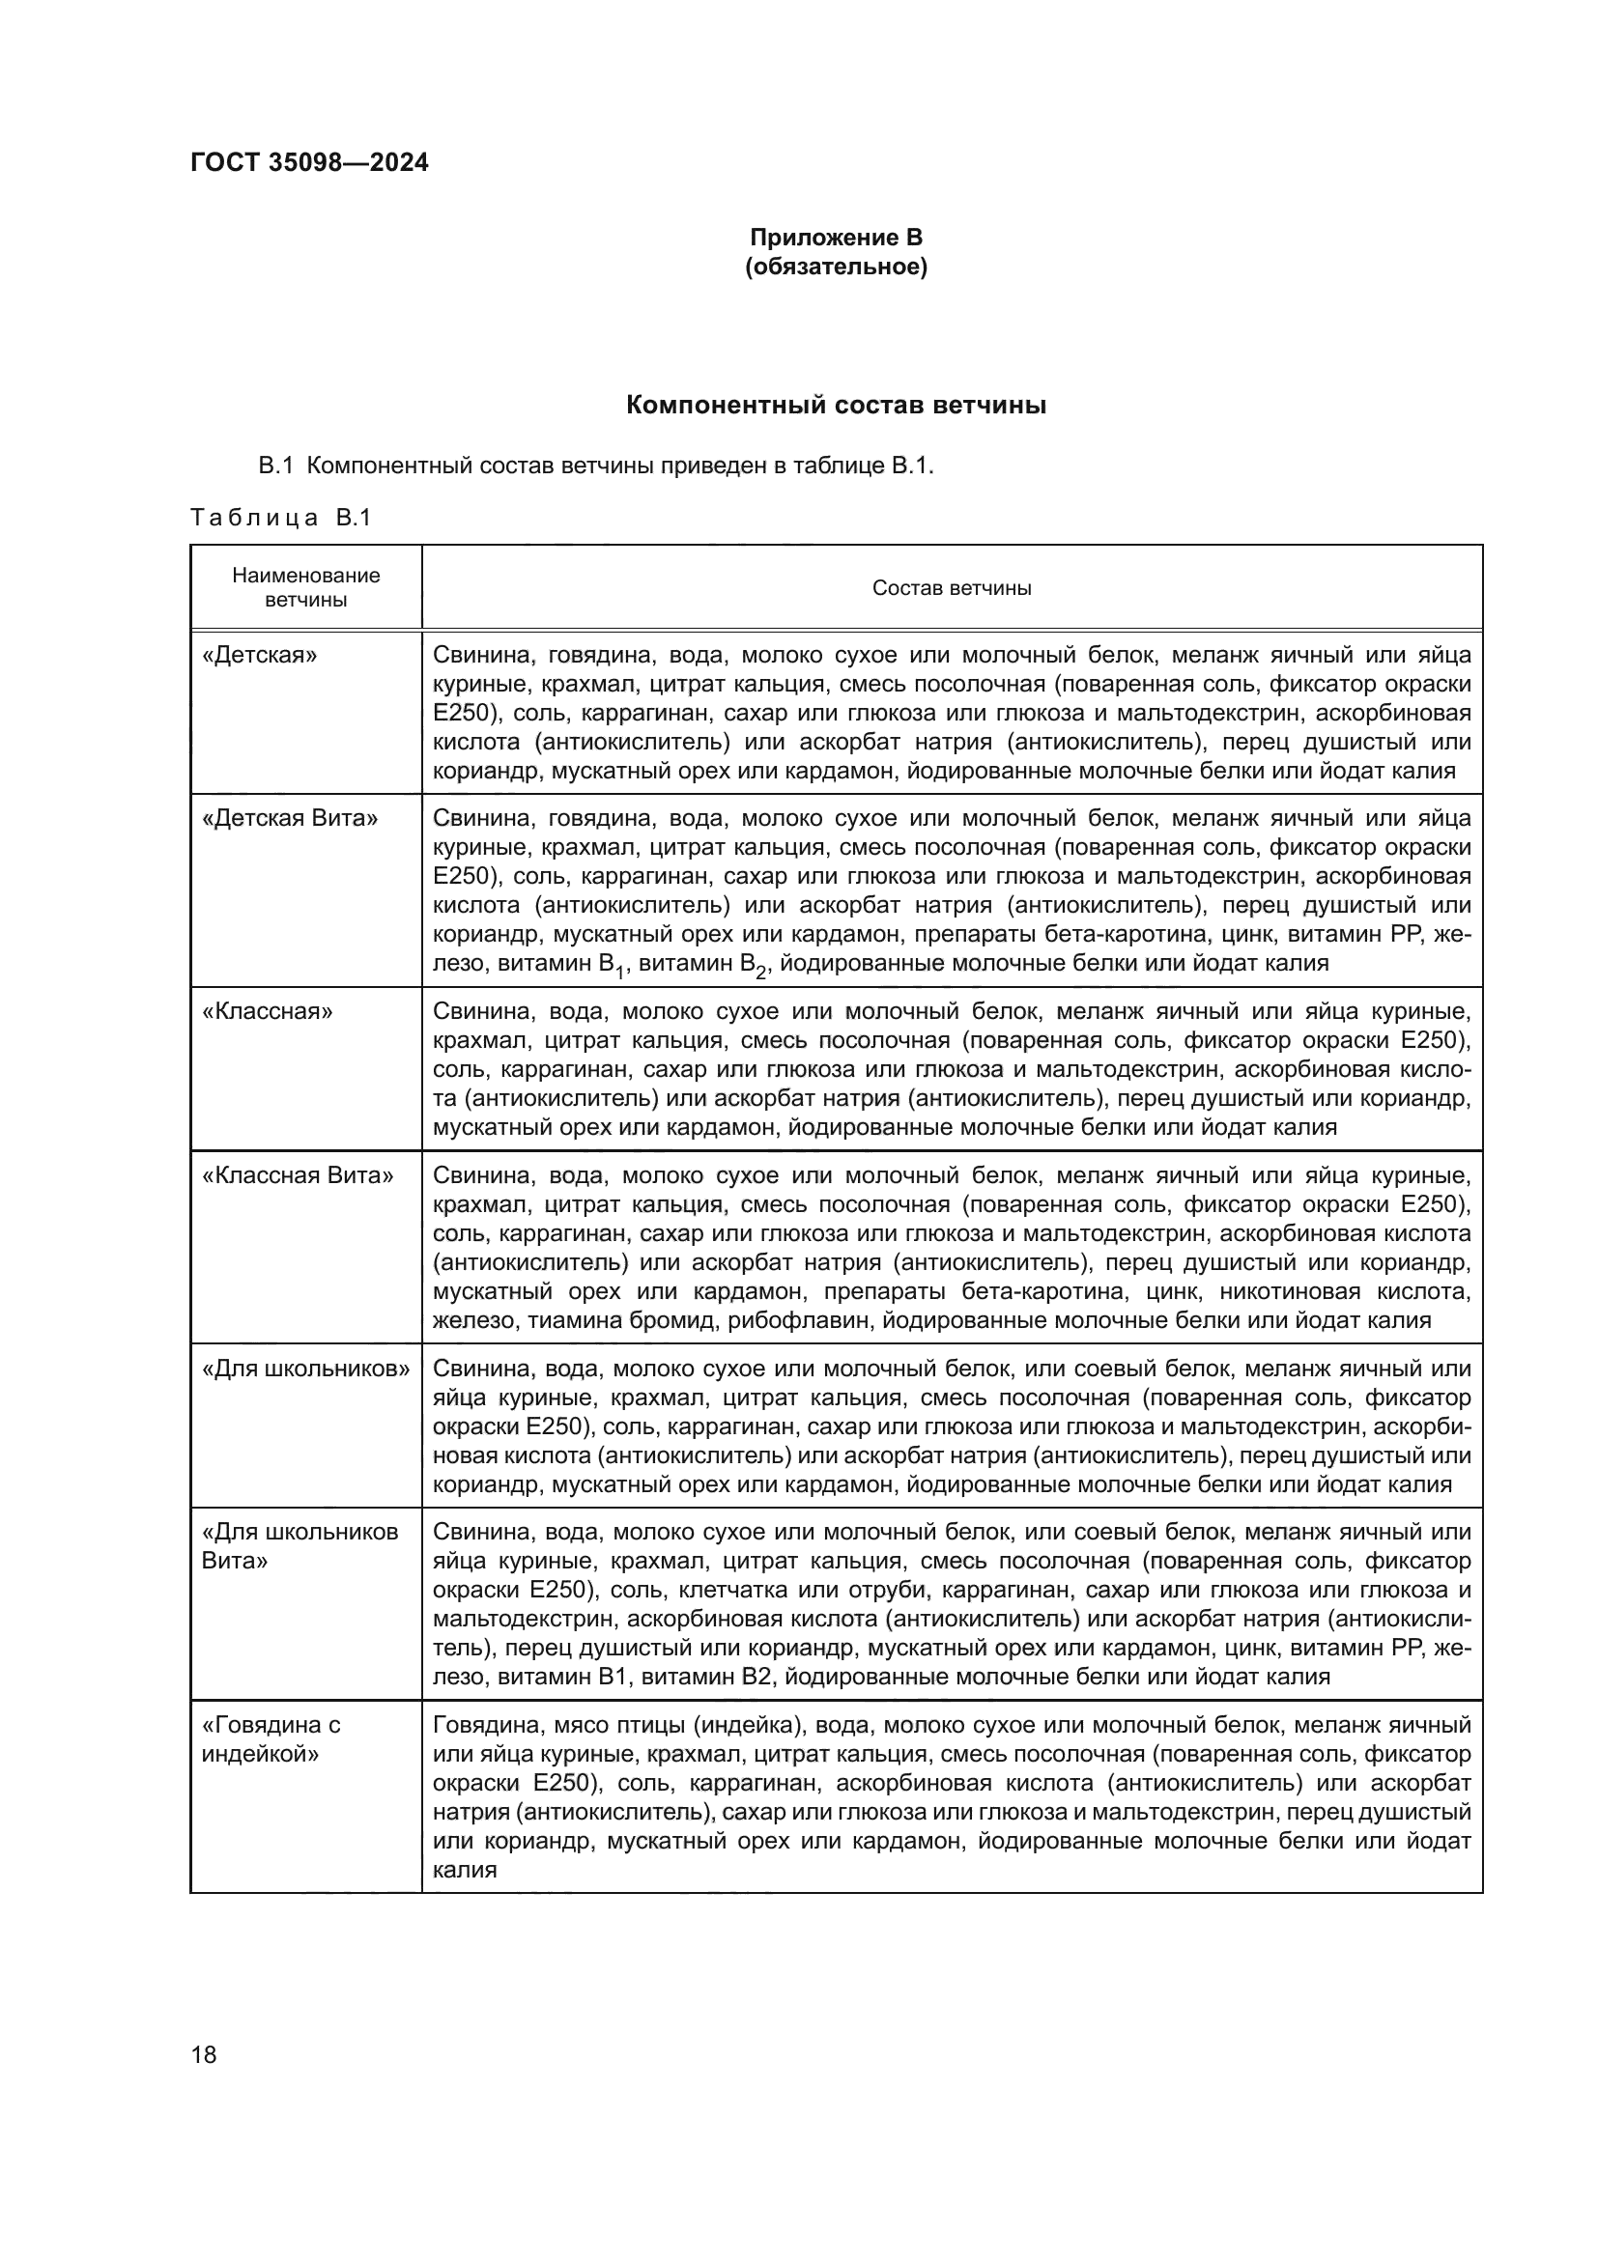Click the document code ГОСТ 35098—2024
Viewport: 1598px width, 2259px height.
(309, 162)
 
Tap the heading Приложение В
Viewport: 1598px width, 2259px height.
(836, 238)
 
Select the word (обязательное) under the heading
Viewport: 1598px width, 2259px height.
(836, 267)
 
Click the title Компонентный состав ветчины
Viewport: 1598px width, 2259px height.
(836, 405)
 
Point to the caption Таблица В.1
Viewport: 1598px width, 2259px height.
(280, 518)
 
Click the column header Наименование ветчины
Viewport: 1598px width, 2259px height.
(306, 587)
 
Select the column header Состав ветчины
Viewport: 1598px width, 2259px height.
(952, 588)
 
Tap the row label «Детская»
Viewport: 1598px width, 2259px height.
(260, 655)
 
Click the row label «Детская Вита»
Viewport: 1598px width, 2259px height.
(289, 819)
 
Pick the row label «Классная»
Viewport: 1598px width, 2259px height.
(267, 1011)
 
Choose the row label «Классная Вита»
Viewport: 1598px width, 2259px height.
(298, 1174)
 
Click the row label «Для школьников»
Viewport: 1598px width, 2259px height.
(305, 1369)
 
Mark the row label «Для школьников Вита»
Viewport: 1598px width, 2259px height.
(300, 1545)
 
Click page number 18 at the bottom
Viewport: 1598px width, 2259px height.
(204, 2054)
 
